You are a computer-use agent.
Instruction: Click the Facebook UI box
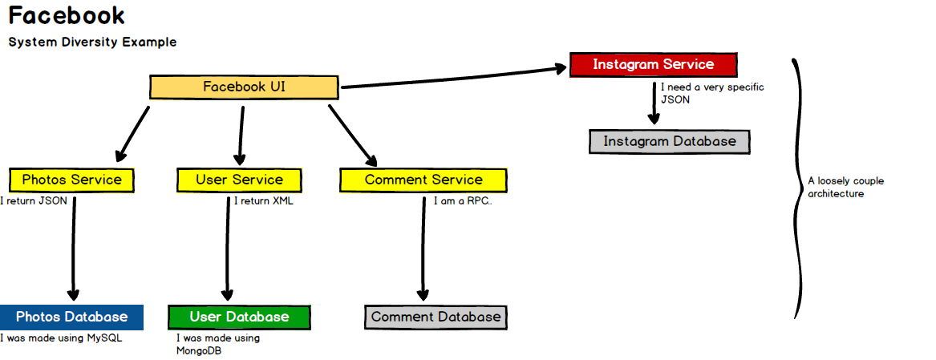click(244, 87)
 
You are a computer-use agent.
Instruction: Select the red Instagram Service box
click(653, 64)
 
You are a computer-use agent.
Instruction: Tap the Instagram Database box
click(669, 142)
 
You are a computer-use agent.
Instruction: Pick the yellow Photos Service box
click(71, 180)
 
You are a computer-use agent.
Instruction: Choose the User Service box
click(239, 180)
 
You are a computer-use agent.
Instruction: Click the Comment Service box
click(423, 180)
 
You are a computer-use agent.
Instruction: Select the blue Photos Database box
click(71, 317)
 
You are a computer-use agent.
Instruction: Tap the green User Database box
click(239, 317)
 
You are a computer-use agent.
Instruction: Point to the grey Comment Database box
click(436, 317)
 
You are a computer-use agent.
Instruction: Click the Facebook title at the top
click(67, 16)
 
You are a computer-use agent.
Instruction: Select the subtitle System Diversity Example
click(92, 42)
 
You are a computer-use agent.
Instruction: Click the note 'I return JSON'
click(34, 201)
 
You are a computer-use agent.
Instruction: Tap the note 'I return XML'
click(264, 201)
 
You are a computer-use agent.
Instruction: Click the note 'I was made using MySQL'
click(61, 338)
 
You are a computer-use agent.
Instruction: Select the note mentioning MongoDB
click(218, 345)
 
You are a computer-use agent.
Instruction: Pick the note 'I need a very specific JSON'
click(712, 93)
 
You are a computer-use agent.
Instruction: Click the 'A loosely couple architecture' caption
click(845, 187)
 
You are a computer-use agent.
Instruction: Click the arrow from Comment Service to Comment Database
click(423, 249)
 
